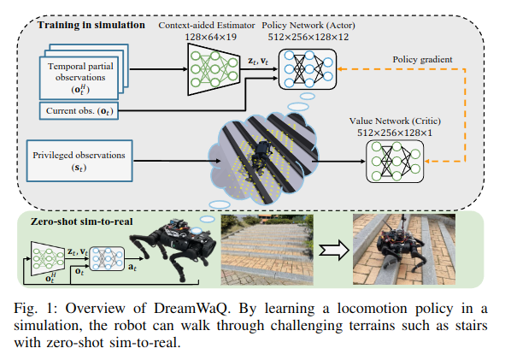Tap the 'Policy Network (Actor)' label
click(308, 27)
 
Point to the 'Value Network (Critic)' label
click(398, 123)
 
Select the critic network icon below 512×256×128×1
click(398, 161)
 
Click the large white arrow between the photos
click(332, 251)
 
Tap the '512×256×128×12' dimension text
click(308, 38)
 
